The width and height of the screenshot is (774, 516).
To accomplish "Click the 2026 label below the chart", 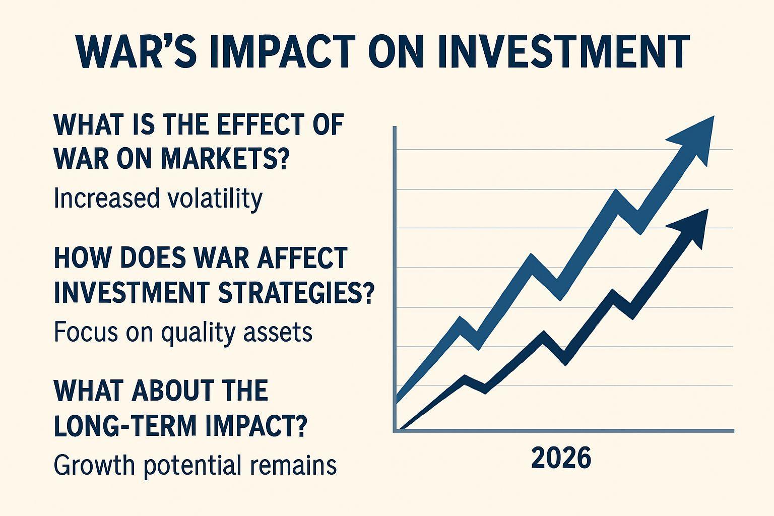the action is pos(561,458).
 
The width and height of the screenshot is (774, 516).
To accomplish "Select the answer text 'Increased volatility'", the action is pos(158,199).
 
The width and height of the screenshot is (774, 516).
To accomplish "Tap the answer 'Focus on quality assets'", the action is pos(183,333).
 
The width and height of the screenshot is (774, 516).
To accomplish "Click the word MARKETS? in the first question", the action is pos(224,158).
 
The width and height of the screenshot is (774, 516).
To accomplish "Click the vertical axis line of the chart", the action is pos(395,279).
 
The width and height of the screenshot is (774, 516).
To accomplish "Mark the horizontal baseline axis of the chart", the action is pos(563,431).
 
